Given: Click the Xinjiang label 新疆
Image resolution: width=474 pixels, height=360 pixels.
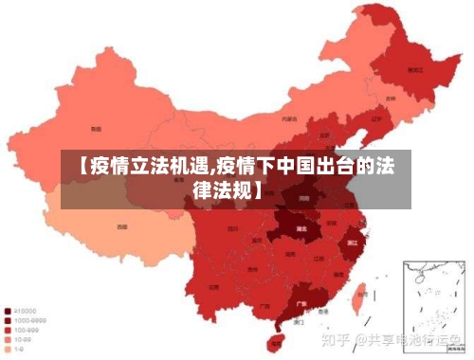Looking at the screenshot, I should click(96, 128).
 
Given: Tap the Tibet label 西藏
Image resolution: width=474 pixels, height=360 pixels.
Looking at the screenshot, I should click(121, 227).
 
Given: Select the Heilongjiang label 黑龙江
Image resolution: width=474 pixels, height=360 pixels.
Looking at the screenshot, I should click(414, 69).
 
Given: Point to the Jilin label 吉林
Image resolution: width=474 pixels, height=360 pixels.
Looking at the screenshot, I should click(391, 99).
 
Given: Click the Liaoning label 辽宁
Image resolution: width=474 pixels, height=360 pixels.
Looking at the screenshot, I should click(376, 119).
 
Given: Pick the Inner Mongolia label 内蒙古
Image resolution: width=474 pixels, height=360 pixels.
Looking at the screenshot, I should click(289, 119).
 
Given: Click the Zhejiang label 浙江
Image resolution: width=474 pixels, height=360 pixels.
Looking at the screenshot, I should click(352, 243).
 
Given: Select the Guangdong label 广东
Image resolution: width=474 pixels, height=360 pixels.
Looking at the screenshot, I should click(301, 305).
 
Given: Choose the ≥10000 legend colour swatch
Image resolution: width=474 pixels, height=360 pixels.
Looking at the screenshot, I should click(8, 310).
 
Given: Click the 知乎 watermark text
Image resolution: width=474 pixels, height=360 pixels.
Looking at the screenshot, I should click(337, 338).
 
